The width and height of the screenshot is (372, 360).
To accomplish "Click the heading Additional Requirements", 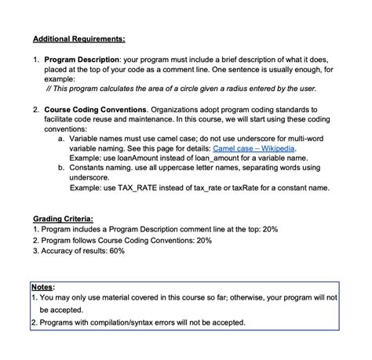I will click(78, 38).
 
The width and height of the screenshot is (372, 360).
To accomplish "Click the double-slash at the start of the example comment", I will click(49, 89).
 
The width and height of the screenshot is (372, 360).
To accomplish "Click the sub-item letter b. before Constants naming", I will click(62, 167).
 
